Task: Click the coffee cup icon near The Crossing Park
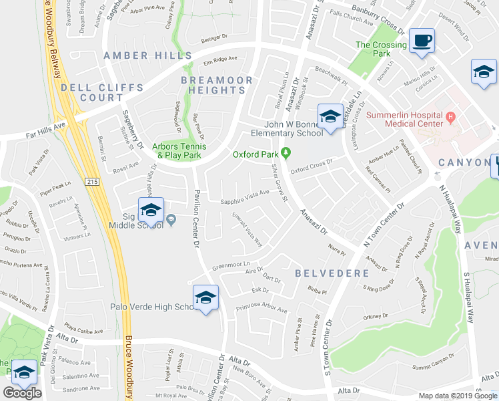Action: pyautogui.click(x=422, y=41)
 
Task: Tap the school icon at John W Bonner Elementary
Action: pyautogui.click(x=329, y=117)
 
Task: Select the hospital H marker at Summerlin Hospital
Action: pyautogui.click(x=450, y=117)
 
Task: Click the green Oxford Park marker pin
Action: pyautogui.click(x=286, y=154)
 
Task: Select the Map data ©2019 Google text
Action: pyautogui.click(x=458, y=396)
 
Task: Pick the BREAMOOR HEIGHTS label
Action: pyautogui.click(x=217, y=85)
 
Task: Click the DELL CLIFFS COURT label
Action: pyautogui.click(x=101, y=92)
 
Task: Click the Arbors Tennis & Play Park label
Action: pyautogui.click(x=179, y=150)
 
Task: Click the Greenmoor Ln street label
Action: pyautogui.click(x=230, y=263)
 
